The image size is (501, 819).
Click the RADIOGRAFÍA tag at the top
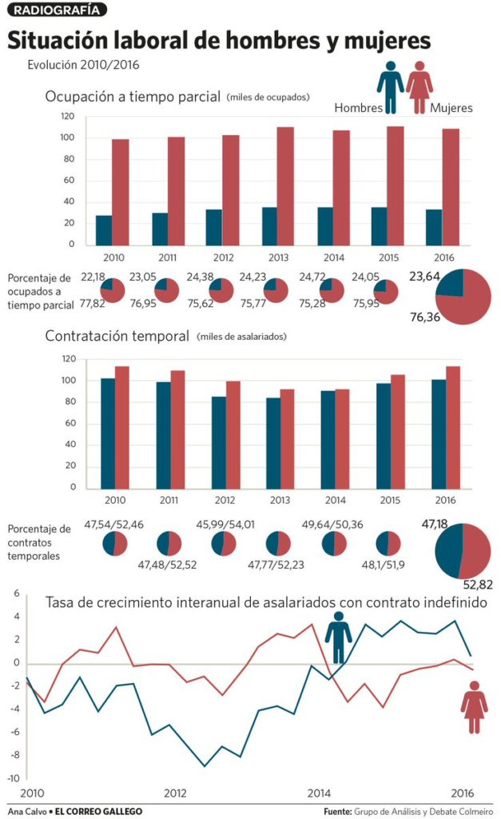coord(56,10)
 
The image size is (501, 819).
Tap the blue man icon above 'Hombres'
coord(390,86)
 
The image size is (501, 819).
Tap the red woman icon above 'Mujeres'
coord(419,86)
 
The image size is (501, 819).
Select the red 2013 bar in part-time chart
coord(285,186)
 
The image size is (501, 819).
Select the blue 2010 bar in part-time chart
coord(104,230)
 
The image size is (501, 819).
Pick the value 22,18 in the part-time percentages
coord(93,277)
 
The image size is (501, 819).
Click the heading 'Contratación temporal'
coord(117,336)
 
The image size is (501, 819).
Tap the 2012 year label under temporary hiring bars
coord(223,500)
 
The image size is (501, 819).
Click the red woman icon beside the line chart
coord(474,707)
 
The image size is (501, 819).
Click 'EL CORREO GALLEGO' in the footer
coord(93,811)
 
